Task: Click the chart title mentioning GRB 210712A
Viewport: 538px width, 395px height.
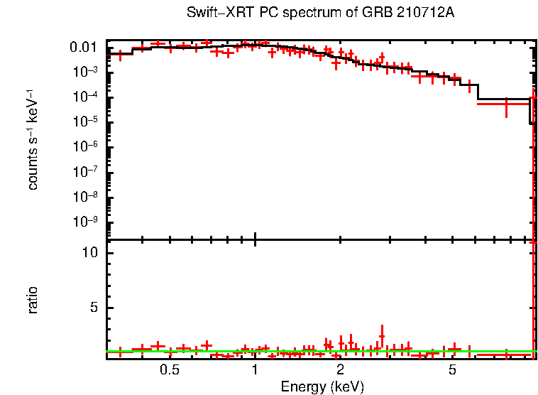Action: point(320,13)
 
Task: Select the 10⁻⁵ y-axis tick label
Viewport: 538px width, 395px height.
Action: point(86,122)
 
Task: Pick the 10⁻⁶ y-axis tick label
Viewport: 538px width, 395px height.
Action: point(86,147)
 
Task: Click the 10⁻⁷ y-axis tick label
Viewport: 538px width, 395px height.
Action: point(86,172)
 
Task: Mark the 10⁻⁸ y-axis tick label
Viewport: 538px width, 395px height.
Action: point(86,197)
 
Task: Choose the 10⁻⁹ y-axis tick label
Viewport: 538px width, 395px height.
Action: point(86,222)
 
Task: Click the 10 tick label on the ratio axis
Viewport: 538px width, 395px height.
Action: point(89,253)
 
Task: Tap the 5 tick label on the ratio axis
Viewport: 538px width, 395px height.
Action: point(92,308)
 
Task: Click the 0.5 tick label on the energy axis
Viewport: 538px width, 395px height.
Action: point(169,370)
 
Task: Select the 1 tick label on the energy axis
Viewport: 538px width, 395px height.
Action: point(255,370)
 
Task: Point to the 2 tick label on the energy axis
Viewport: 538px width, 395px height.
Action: point(340,370)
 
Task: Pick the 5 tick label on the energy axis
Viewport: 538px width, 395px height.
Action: point(453,370)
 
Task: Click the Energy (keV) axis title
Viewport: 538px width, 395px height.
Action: point(322,386)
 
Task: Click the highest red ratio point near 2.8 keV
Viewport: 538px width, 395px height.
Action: point(382,336)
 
